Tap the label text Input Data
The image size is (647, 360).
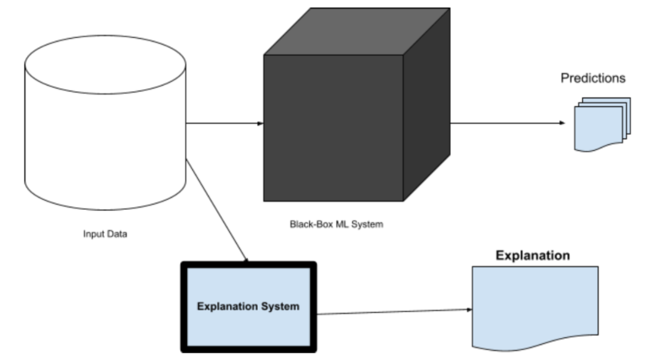[105, 234]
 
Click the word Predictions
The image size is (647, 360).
[593, 78]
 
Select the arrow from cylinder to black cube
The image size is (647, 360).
[224, 123]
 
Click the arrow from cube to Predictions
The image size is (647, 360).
[505, 123]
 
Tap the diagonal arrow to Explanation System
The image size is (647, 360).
[217, 211]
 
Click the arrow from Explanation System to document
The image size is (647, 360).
[392, 311]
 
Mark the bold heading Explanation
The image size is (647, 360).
[532, 255]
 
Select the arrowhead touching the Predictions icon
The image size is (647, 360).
[562, 123]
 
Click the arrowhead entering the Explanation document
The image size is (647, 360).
[468, 309]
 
